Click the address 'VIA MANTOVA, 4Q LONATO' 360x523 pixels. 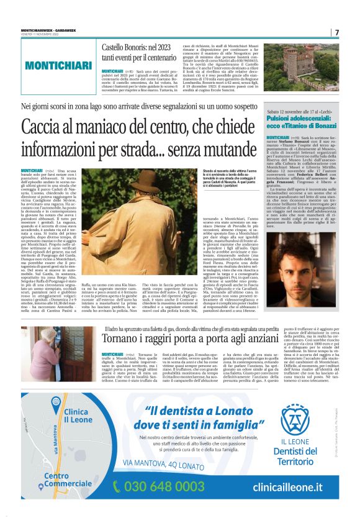point(179,465)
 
